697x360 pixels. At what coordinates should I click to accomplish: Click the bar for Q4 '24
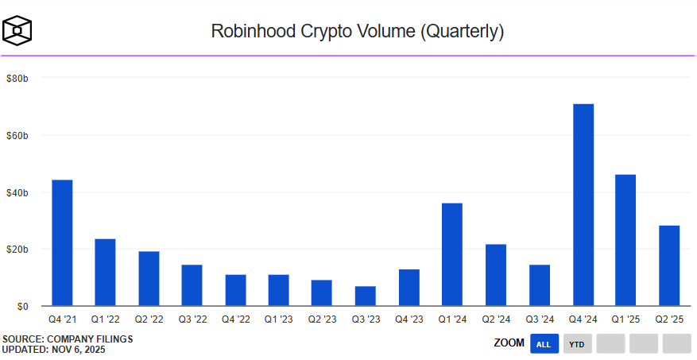(583, 205)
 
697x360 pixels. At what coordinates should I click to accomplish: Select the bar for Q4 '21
(62, 242)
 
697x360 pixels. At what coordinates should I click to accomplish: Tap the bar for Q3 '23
(366, 296)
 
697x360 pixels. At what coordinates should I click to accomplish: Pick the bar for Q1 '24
(452, 254)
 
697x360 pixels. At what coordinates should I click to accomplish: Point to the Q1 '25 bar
(625, 240)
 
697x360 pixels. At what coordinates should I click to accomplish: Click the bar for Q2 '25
(669, 265)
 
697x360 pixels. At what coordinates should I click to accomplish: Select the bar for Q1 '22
(105, 272)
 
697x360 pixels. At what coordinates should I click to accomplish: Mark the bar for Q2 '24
(496, 275)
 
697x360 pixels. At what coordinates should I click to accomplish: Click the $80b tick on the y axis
(17, 79)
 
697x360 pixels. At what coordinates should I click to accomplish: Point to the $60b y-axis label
(17, 136)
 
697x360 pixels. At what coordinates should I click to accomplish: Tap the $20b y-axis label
(17, 250)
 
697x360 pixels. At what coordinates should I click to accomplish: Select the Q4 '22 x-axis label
(235, 319)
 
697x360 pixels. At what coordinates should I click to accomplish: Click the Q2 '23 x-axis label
(322, 319)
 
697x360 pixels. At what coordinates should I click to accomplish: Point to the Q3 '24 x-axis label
(539, 319)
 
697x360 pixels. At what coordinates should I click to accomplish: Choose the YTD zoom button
(577, 344)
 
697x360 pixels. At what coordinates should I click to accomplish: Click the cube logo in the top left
(17, 31)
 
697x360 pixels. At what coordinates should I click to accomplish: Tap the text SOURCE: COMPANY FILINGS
(68, 339)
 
